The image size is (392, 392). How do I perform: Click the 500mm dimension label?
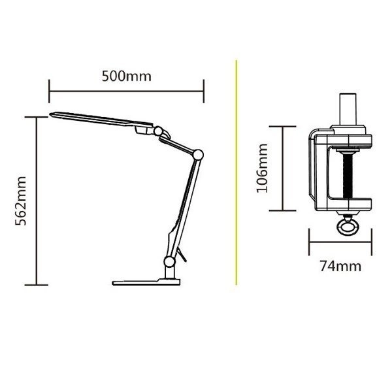click(x=127, y=76)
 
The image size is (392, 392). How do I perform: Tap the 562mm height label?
click(x=20, y=201)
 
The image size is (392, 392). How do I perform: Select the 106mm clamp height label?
click(x=262, y=169)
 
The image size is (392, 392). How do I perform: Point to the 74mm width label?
click(x=340, y=266)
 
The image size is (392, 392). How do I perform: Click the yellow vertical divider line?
click(x=236, y=172)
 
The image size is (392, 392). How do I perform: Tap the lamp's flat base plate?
click(x=146, y=282)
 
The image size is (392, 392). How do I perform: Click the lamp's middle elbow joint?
click(x=198, y=154)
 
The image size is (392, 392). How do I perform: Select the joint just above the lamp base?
click(x=169, y=261)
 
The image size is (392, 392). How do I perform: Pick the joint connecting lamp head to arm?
click(x=158, y=131)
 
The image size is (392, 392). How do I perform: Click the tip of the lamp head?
click(x=50, y=114)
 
